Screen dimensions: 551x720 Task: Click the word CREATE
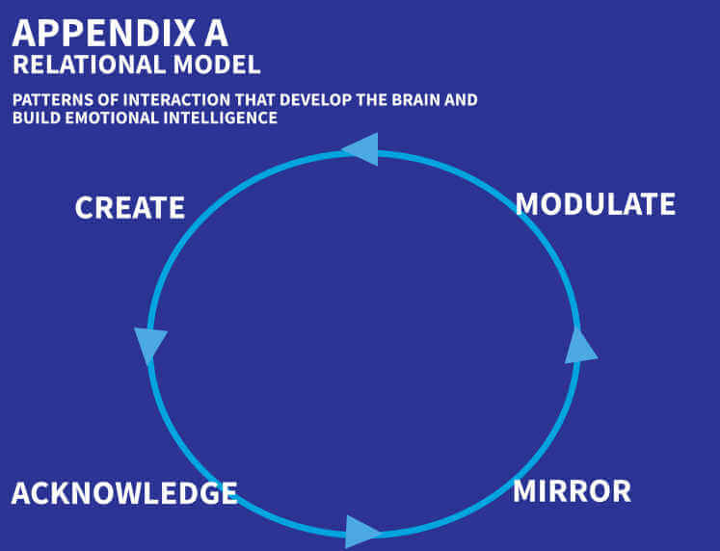point(129,207)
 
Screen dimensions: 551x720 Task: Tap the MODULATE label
point(595,204)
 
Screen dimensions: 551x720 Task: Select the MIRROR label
point(572,490)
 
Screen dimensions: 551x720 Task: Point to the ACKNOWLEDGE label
point(124,493)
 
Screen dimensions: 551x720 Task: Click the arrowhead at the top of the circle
point(360,148)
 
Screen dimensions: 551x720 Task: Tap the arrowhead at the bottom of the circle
point(361,531)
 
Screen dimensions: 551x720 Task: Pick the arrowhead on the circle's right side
point(579,346)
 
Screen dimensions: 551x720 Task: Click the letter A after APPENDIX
point(214,33)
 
